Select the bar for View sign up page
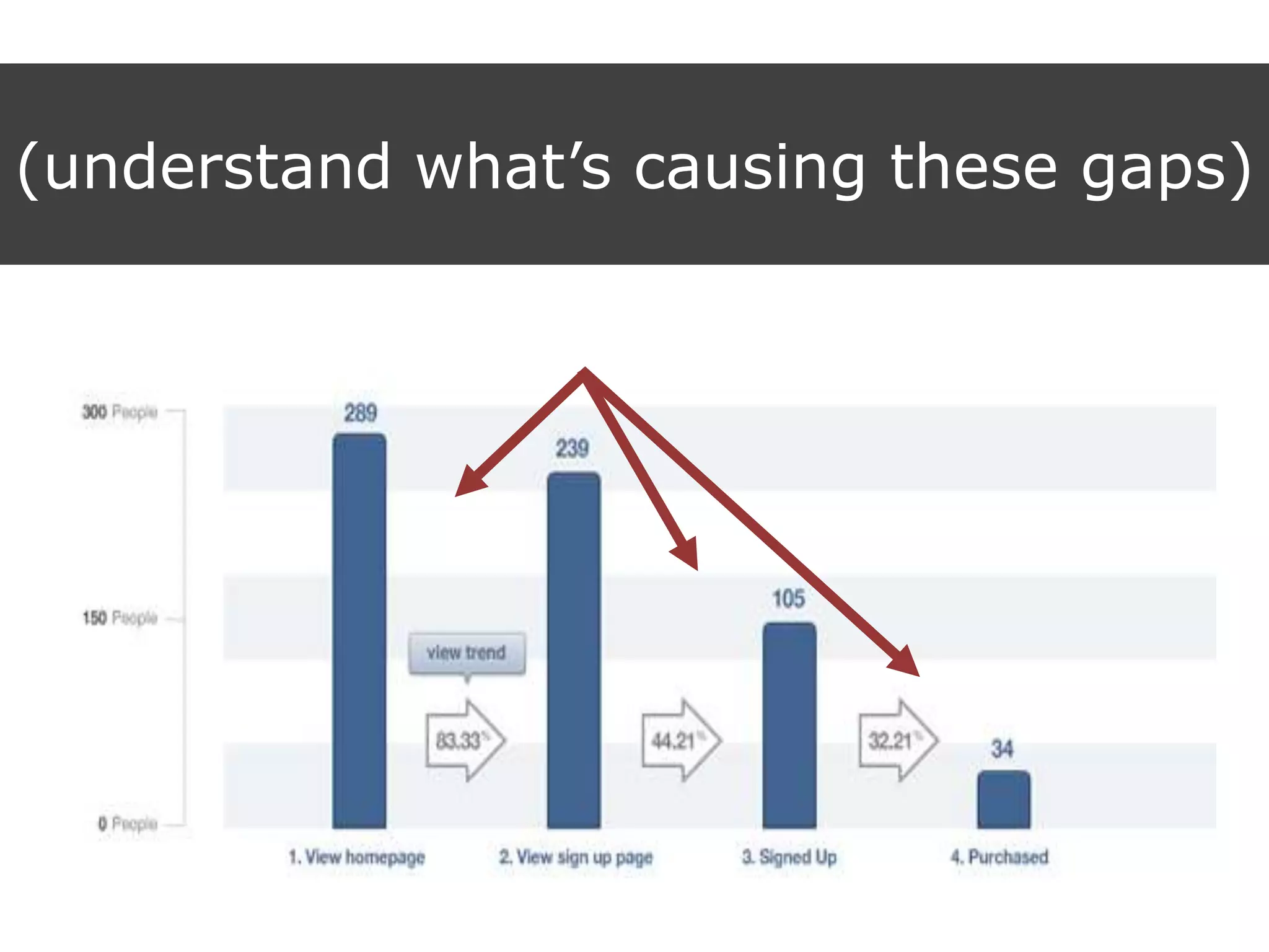(x=574, y=651)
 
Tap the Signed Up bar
(x=789, y=725)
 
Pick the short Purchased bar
(x=1004, y=800)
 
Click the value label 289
(x=361, y=413)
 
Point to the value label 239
(x=572, y=448)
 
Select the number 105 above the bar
(x=788, y=599)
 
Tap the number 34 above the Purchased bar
(x=1002, y=749)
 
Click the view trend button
(x=467, y=653)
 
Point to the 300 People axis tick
(x=120, y=412)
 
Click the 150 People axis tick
(x=120, y=618)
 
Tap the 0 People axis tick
(x=127, y=824)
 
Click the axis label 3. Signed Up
(x=789, y=857)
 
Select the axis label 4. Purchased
(x=999, y=857)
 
